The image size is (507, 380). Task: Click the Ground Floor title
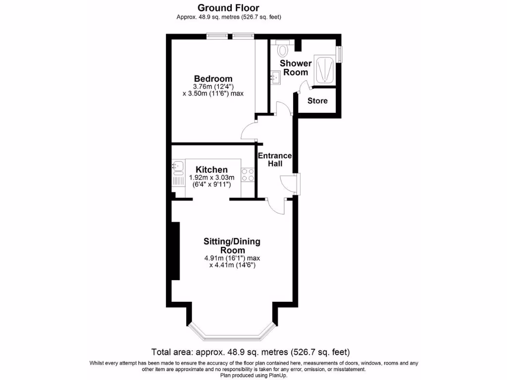[228, 7]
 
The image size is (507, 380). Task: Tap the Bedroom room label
[213, 79]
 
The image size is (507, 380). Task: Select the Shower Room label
[296, 68]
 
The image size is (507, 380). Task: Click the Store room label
[317, 101]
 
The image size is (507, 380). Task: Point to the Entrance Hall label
[275, 159]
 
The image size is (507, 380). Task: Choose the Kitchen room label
[211, 170]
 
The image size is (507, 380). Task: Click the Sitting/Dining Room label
[232, 246]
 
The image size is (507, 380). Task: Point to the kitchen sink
[177, 166]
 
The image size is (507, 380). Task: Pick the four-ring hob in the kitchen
[248, 175]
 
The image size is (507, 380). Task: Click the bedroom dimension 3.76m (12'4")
[213, 87]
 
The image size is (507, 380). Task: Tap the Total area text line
[251, 352]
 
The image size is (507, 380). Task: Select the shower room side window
[339, 54]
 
